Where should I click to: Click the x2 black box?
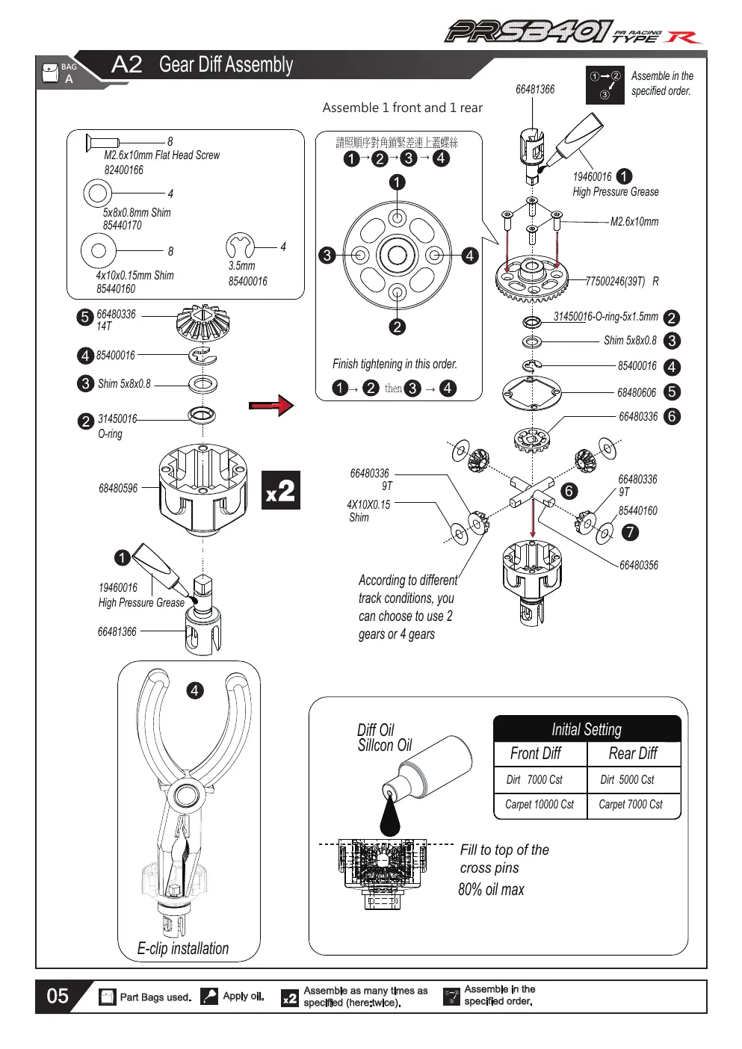tap(281, 490)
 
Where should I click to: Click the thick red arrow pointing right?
tap(271, 405)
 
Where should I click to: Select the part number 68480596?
tap(118, 488)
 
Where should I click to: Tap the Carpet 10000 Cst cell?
tap(540, 804)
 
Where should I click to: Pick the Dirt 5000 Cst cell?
tap(627, 779)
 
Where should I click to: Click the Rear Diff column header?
tap(633, 753)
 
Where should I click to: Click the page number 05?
tap(58, 996)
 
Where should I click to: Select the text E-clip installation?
tap(182, 948)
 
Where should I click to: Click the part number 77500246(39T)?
tap(615, 281)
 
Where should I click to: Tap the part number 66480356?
tap(638, 565)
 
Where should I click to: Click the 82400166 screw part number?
tap(124, 170)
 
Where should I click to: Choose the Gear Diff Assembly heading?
tap(226, 64)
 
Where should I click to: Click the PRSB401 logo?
tap(528, 32)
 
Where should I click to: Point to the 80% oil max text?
tap(491, 889)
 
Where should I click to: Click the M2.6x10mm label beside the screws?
tap(634, 221)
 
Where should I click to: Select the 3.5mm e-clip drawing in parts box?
tap(240, 245)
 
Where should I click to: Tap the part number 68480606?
tap(637, 392)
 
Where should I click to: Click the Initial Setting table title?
tap(587, 729)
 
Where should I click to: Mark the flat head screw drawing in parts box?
tap(102, 143)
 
